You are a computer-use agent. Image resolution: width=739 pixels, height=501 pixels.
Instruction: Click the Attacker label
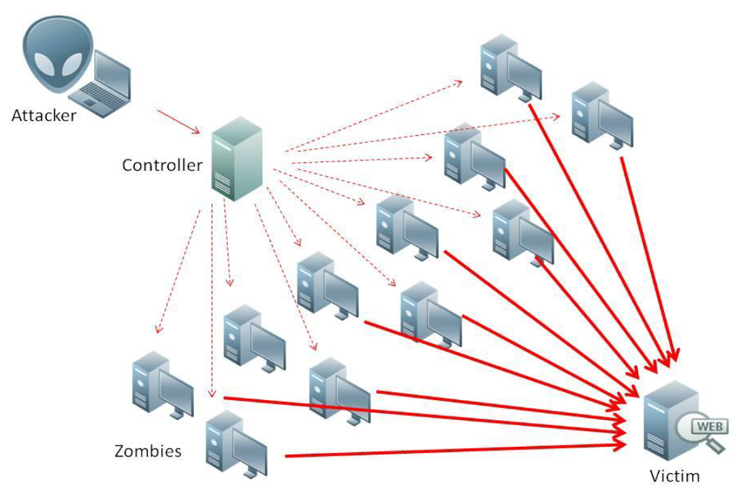point(43,115)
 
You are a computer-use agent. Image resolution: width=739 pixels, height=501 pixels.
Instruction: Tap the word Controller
point(162,165)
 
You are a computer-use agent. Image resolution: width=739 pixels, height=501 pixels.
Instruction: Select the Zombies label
point(147,452)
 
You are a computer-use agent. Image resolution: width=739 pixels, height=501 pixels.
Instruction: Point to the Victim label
point(674,476)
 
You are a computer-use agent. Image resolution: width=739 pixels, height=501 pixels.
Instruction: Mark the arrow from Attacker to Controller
point(178,121)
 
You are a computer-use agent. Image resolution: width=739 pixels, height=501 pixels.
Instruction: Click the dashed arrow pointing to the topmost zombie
point(375,116)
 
